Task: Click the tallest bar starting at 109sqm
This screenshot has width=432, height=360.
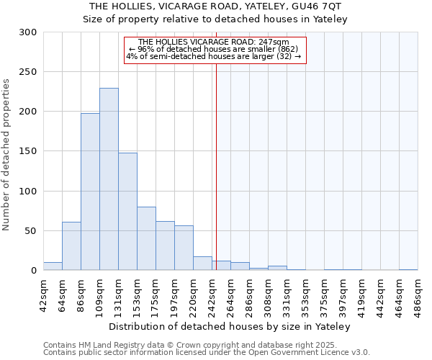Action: (109, 179)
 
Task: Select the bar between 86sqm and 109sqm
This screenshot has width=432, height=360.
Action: (90, 192)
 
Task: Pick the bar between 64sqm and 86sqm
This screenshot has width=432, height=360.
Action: (71, 246)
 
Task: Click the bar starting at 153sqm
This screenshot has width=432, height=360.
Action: (146, 238)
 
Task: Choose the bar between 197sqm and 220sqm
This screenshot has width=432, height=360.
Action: (184, 248)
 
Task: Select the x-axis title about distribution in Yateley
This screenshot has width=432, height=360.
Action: (230, 327)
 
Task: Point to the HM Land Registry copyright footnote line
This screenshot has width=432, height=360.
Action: (205, 346)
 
